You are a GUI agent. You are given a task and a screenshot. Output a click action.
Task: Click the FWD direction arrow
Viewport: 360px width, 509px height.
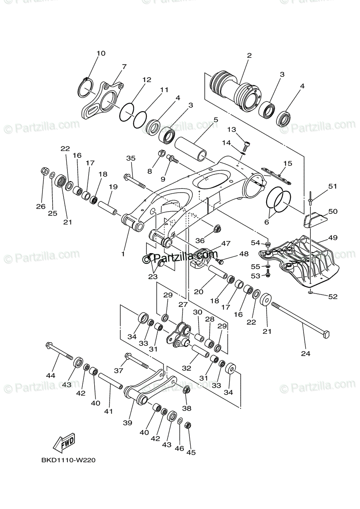tap(64, 444)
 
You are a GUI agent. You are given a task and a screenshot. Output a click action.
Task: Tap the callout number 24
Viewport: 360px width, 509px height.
tap(306, 353)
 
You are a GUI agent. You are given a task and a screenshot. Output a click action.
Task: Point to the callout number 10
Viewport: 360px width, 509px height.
tap(101, 53)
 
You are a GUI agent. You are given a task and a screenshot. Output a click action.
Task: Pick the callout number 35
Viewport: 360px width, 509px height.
tap(130, 159)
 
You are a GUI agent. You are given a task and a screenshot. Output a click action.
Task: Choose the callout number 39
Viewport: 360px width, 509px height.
tap(127, 422)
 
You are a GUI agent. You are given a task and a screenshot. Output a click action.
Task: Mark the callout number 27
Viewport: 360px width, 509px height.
tap(183, 305)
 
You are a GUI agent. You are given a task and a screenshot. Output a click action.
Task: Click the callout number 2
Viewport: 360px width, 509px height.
tap(249, 55)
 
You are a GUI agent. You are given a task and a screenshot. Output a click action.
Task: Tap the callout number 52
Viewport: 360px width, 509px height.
tap(332, 296)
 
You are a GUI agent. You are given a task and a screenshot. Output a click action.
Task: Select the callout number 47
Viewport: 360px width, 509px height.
tap(225, 243)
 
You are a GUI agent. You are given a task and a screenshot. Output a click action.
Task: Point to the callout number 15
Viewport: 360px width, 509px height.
tap(288, 163)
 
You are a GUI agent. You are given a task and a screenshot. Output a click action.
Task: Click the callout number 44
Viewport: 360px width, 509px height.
tap(51, 375)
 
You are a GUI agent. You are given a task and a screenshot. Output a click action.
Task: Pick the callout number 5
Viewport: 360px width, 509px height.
tap(216, 120)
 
